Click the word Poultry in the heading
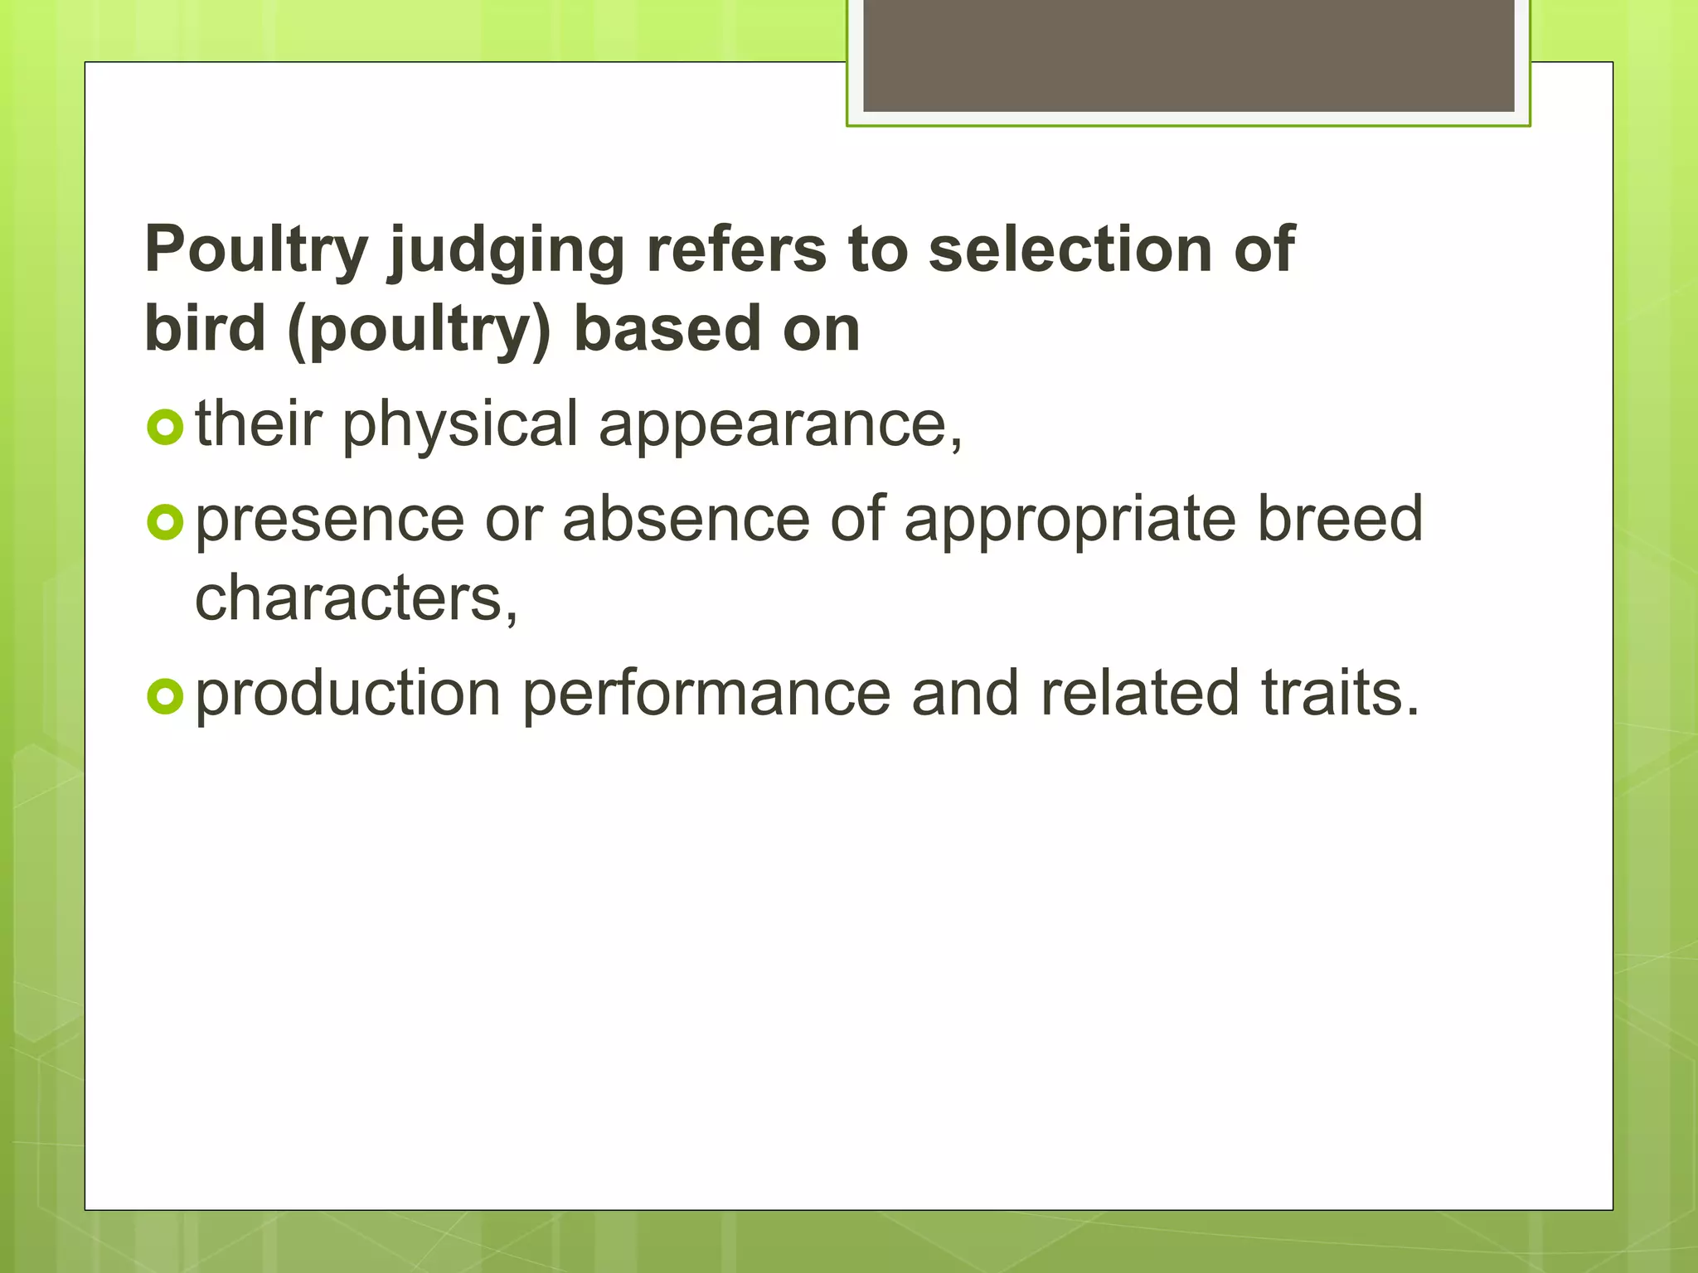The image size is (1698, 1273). click(256, 249)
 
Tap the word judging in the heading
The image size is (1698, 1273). click(507, 251)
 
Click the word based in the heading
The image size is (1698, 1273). click(667, 328)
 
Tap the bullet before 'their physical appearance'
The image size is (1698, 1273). click(164, 428)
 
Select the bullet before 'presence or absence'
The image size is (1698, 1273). click(164, 522)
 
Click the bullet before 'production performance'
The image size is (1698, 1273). click(164, 696)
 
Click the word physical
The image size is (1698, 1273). click(460, 425)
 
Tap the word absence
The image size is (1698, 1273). click(686, 520)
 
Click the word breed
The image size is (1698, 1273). click(1341, 519)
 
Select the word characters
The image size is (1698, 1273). click(357, 598)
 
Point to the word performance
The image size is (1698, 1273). click(706, 695)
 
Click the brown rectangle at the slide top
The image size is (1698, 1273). click(1188, 55)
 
